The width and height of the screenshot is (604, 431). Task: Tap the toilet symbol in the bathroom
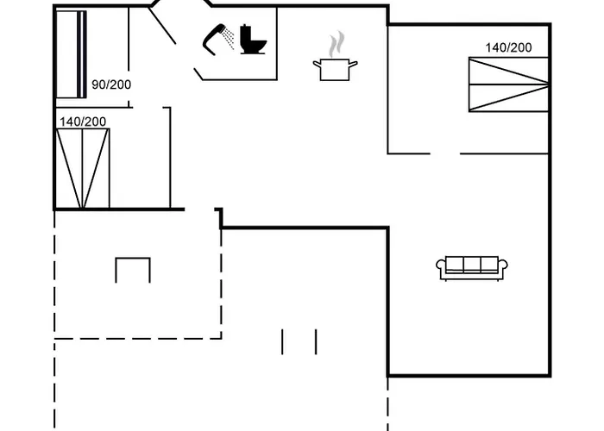point(254,38)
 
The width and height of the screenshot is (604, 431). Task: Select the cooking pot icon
point(335,69)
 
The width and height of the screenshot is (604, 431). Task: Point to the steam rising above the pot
point(337,43)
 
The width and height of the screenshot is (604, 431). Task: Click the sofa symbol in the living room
point(472,268)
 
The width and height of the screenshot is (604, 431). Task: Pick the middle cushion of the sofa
point(472,265)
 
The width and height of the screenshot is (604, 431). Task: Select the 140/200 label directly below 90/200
point(83,122)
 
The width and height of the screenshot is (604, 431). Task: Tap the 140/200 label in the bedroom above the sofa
point(508,48)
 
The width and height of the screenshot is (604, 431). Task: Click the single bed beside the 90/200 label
point(72,55)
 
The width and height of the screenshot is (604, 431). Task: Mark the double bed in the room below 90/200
point(84,168)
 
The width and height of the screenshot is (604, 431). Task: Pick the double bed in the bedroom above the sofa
point(509,84)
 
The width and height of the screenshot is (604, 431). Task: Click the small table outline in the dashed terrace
point(133,269)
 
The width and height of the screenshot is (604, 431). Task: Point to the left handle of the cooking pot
point(317,62)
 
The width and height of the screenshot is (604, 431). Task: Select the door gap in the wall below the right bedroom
point(444,153)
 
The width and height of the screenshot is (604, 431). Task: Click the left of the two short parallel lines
point(282,341)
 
